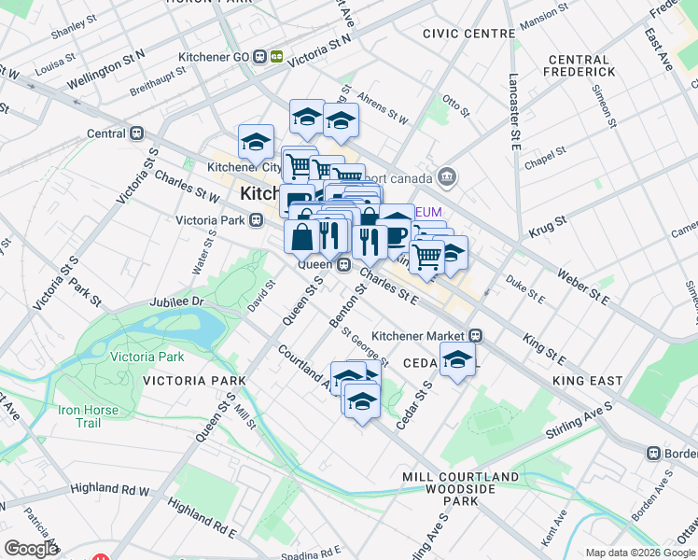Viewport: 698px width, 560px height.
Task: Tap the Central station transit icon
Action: pos(137,133)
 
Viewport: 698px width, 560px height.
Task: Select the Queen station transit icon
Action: pos(343,264)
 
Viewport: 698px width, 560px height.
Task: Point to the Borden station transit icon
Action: pos(653,453)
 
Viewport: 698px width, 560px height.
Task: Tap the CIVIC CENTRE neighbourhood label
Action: pos(468,34)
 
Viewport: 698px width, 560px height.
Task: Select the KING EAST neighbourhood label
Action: pos(587,381)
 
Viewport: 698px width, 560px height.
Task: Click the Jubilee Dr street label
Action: pos(176,302)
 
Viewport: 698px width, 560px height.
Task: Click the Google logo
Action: pos(32,549)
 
